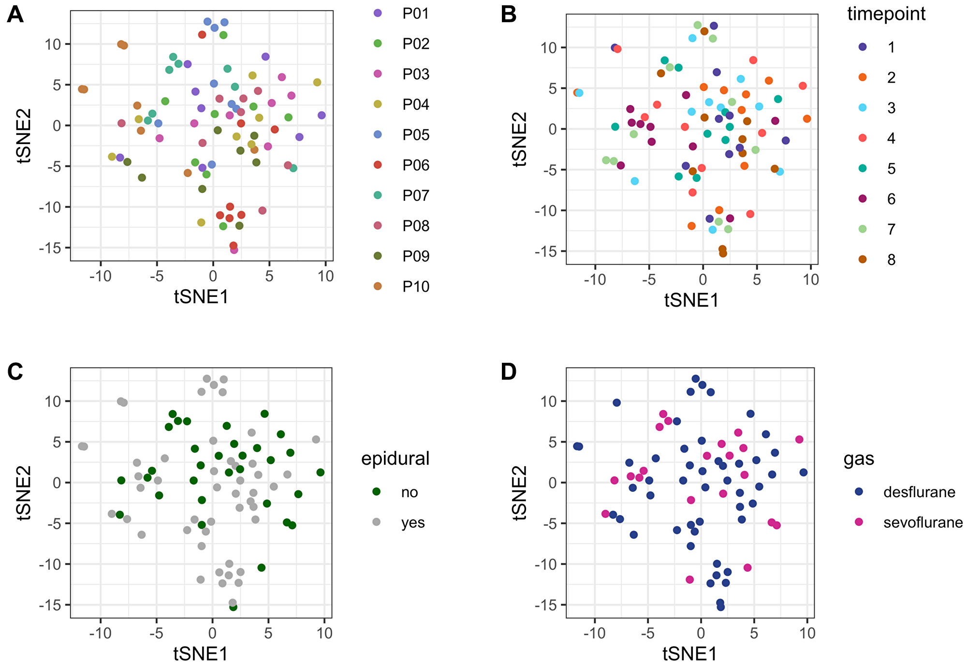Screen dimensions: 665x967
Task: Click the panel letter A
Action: click(15, 15)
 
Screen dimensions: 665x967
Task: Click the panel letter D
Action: click(509, 372)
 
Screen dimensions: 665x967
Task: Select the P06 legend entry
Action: click(415, 165)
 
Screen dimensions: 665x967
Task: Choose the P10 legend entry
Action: click(415, 287)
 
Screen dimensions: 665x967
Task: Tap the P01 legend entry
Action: click(415, 14)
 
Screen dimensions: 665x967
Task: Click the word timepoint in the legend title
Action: click(886, 14)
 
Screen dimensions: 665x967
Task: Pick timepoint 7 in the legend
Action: click(891, 229)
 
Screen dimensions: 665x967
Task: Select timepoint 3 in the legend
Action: click(891, 108)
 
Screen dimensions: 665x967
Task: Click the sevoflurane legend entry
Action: click(923, 522)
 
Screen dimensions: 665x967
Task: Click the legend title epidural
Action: click(395, 458)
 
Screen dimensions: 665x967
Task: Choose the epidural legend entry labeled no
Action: click(409, 492)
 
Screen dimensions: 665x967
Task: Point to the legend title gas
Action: click(859, 458)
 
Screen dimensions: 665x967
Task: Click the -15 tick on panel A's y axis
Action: click(52, 248)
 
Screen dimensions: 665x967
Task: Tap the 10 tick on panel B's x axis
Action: click(811, 280)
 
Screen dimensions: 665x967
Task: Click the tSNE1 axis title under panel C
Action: click(200, 654)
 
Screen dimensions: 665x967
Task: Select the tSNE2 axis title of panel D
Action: click(520, 493)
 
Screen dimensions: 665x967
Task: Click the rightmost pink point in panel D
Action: click(799, 440)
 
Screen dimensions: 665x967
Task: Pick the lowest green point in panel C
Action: click(233, 607)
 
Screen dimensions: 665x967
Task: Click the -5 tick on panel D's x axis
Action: click(648, 633)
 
